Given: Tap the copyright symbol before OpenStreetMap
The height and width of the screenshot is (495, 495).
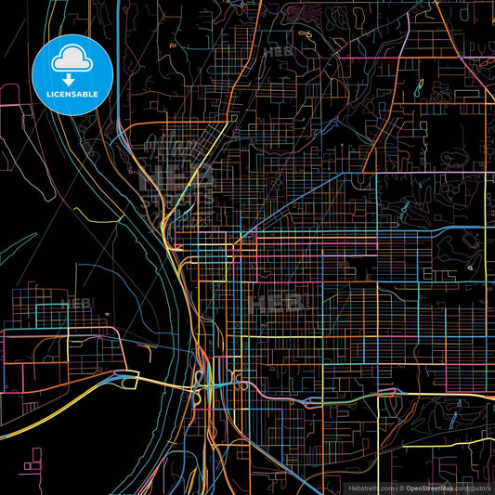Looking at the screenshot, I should coord(401,487).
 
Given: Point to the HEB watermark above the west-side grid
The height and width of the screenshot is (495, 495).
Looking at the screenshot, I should coord(79,303).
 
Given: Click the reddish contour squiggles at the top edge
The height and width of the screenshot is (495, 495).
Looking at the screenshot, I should coord(302,13).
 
